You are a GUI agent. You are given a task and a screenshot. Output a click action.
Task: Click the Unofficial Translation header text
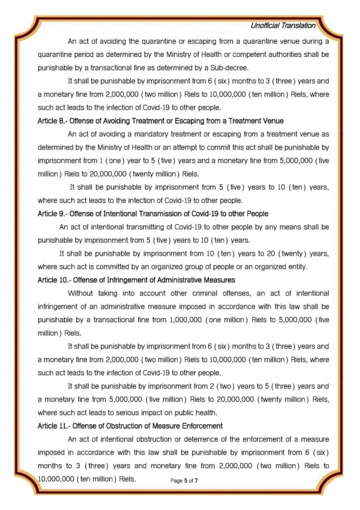coord(282,25)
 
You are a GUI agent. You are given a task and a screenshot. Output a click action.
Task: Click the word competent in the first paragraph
coord(239,54)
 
